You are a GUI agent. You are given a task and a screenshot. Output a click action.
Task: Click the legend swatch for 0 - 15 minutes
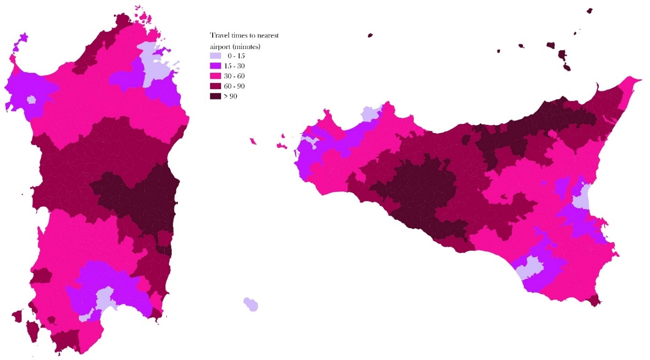[214, 56]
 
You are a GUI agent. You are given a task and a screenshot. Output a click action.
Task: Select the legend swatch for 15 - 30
[214, 66]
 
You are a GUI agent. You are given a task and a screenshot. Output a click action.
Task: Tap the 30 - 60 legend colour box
[214, 76]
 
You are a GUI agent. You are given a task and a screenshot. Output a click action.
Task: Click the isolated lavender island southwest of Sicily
[251, 304]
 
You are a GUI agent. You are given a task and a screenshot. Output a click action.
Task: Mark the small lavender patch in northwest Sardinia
[31, 100]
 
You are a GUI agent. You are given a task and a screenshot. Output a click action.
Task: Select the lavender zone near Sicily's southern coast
[529, 268]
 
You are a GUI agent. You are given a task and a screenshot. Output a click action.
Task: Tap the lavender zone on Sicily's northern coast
[370, 114]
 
